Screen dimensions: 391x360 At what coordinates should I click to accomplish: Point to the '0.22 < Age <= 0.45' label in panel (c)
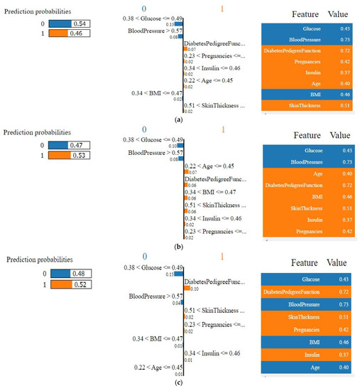point(154,367)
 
